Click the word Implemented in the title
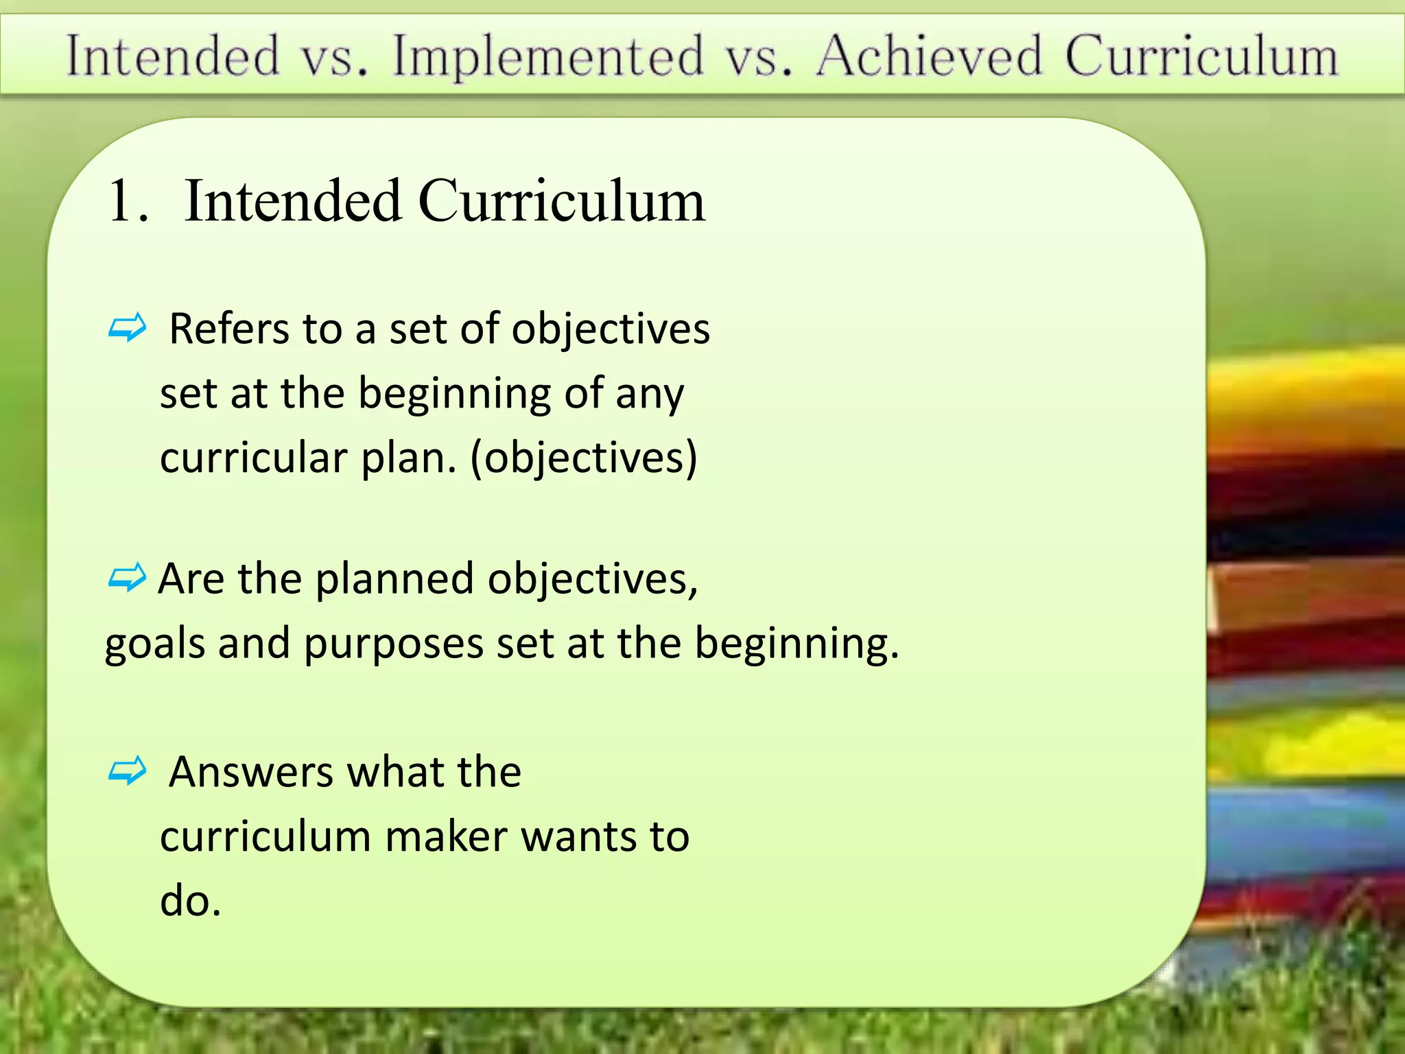(548, 56)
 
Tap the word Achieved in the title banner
(930, 56)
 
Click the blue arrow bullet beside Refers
(128, 328)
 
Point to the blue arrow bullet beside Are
(128, 578)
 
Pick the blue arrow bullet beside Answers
(128, 771)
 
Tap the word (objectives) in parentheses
(584, 458)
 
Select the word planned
(394, 578)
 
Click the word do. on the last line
(190, 900)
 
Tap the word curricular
(253, 458)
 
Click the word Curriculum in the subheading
(561, 201)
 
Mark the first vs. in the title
(335, 56)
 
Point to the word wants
(578, 836)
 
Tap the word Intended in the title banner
(174, 56)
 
